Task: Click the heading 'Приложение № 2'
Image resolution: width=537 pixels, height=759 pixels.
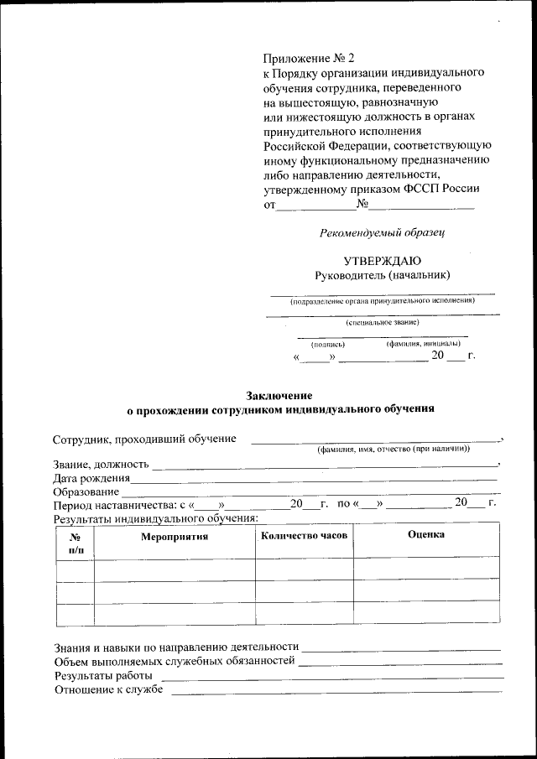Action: (310, 58)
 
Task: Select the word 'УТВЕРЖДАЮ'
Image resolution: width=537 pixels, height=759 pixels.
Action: (383, 260)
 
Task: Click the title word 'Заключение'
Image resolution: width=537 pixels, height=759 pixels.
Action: (279, 395)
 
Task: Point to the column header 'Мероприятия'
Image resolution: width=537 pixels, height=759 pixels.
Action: (174, 537)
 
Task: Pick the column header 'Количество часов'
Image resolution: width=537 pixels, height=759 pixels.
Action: (304, 535)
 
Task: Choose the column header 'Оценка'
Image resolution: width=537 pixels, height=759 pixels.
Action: (426, 535)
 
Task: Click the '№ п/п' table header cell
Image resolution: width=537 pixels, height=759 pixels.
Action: (75, 543)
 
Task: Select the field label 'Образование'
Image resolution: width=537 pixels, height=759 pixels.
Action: (86, 491)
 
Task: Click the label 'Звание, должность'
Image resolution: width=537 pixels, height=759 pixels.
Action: (101, 464)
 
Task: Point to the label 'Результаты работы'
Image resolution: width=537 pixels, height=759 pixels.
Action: (103, 675)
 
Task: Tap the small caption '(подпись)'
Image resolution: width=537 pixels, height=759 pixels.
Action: (328, 344)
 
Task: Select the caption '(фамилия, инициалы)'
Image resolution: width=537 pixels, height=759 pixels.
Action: (424, 344)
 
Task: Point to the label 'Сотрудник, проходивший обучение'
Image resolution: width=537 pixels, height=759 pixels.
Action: (143, 439)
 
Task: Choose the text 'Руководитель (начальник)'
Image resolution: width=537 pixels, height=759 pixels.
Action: (383, 275)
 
